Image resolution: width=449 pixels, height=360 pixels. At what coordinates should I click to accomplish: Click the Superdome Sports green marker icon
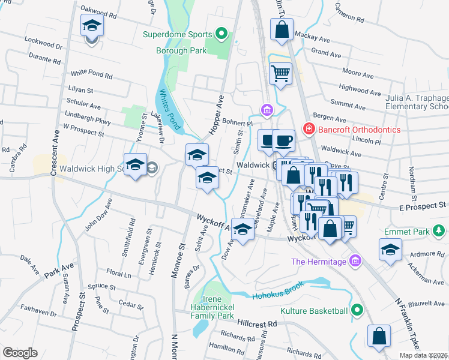(x=221, y=34)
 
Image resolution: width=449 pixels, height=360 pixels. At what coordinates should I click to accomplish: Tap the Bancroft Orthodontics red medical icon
(x=309, y=129)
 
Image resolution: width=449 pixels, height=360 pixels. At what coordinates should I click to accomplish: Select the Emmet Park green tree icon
(x=439, y=230)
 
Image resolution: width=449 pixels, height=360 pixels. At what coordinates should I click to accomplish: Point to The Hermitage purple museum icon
(x=356, y=261)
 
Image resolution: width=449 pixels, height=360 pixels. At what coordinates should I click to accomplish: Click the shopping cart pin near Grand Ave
(x=280, y=74)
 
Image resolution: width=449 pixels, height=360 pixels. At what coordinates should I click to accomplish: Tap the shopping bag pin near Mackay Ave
(x=282, y=29)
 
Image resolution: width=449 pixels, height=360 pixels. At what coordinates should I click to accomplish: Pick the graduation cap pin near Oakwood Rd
(x=92, y=26)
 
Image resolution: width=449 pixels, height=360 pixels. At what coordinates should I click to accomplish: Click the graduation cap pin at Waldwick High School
(x=136, y=165)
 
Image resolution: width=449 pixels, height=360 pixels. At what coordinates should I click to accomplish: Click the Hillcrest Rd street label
(x=256, y=323)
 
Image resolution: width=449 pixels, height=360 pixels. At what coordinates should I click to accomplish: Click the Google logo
(x=20, y=352)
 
